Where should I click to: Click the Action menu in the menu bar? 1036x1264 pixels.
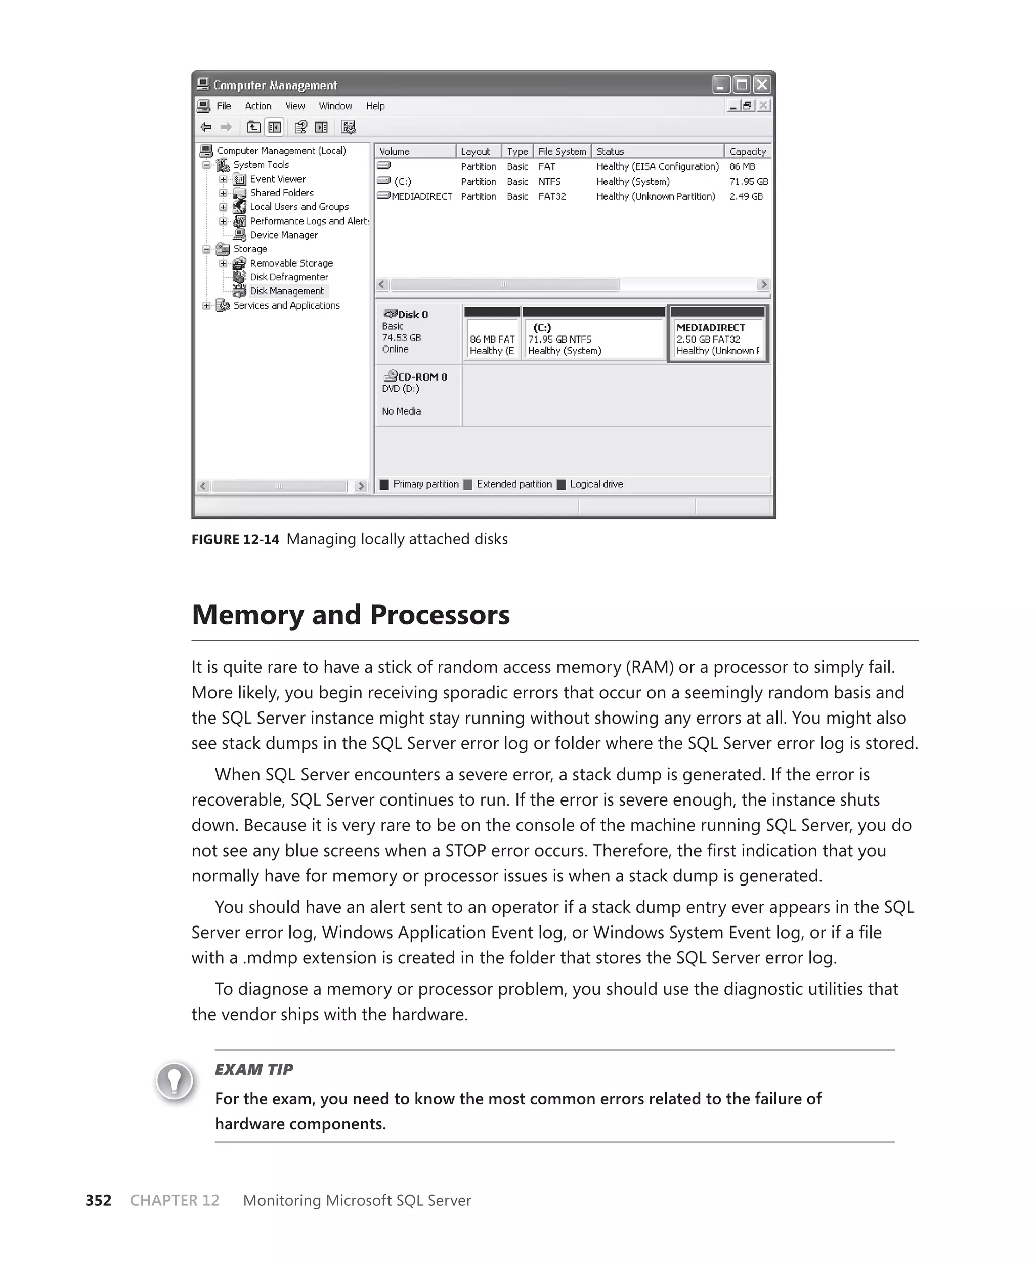[x=258, y=106]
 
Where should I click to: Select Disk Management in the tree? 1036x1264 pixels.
[x=286, y=291]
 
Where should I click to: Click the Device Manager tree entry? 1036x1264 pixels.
[x=283, y=235]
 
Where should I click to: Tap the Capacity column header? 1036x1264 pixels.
[x=747, y=152]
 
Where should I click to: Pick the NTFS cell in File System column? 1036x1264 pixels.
[x=549, y=182]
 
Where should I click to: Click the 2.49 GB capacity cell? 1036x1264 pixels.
[x=745, y=196]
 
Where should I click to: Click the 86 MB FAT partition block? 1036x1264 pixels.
[x=492, y=339]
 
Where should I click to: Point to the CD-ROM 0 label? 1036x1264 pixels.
[x=422, y=377]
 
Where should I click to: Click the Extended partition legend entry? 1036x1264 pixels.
[x=513, y=484]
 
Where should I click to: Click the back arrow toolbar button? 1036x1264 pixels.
[x=206, y=127]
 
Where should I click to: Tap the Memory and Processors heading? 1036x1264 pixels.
[x=350, y=615]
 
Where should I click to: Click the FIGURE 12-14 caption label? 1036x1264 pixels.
[x=235, y=539]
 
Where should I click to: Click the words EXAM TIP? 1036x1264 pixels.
[x=253, y=1070]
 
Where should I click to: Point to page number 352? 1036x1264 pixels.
[x=99, y=1200]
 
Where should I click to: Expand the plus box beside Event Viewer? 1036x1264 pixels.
[x=223, y=179]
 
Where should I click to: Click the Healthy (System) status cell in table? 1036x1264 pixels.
[x=633, y=182]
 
